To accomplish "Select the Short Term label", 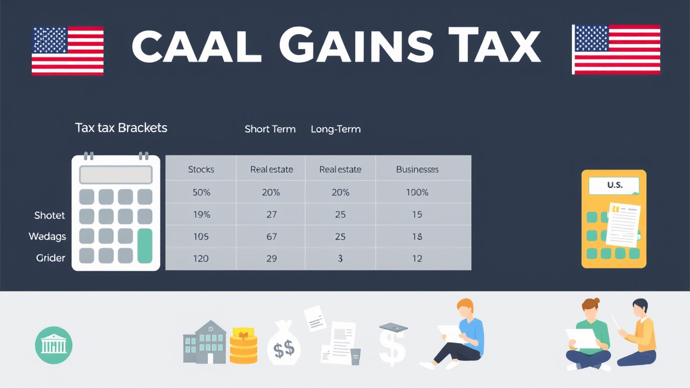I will point(270,129).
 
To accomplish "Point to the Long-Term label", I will point(336,129).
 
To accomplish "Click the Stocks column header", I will point(201,169).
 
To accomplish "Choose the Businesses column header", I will point(417,169).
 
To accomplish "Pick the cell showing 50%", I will point(201,192).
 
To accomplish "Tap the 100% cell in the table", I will point(417,192).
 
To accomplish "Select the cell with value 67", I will point(271,237).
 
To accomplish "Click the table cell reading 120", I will point(201,259).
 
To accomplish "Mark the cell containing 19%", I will point(201,214).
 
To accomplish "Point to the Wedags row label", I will point(47,237).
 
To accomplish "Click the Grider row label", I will point(50,258).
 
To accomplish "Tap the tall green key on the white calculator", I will point(145,246).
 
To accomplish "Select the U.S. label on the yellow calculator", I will point(614,185).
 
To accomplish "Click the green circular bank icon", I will point(53,345).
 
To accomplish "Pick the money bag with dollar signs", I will point(284,345).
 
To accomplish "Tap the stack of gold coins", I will point(244,346).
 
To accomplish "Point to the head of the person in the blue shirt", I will point(464,307).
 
